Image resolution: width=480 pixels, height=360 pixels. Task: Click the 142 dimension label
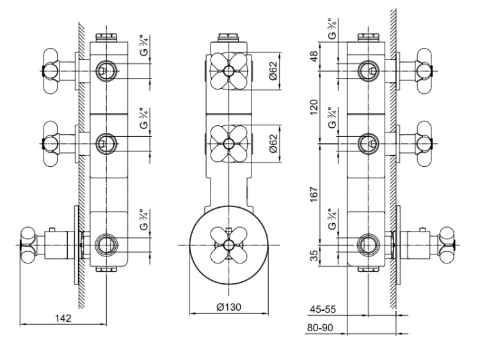coord(62,318)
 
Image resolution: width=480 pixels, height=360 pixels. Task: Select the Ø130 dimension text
coord(228,308)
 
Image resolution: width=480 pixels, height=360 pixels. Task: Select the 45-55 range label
coord(323,309)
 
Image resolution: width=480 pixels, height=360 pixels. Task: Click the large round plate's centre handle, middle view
coord(228,245)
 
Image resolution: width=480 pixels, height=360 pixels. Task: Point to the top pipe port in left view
coord(105,70)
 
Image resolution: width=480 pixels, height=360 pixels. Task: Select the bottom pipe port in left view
coord(105,244)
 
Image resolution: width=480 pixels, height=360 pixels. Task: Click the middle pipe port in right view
coord(367,141)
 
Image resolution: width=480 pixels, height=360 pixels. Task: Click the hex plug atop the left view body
coord(106,38)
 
